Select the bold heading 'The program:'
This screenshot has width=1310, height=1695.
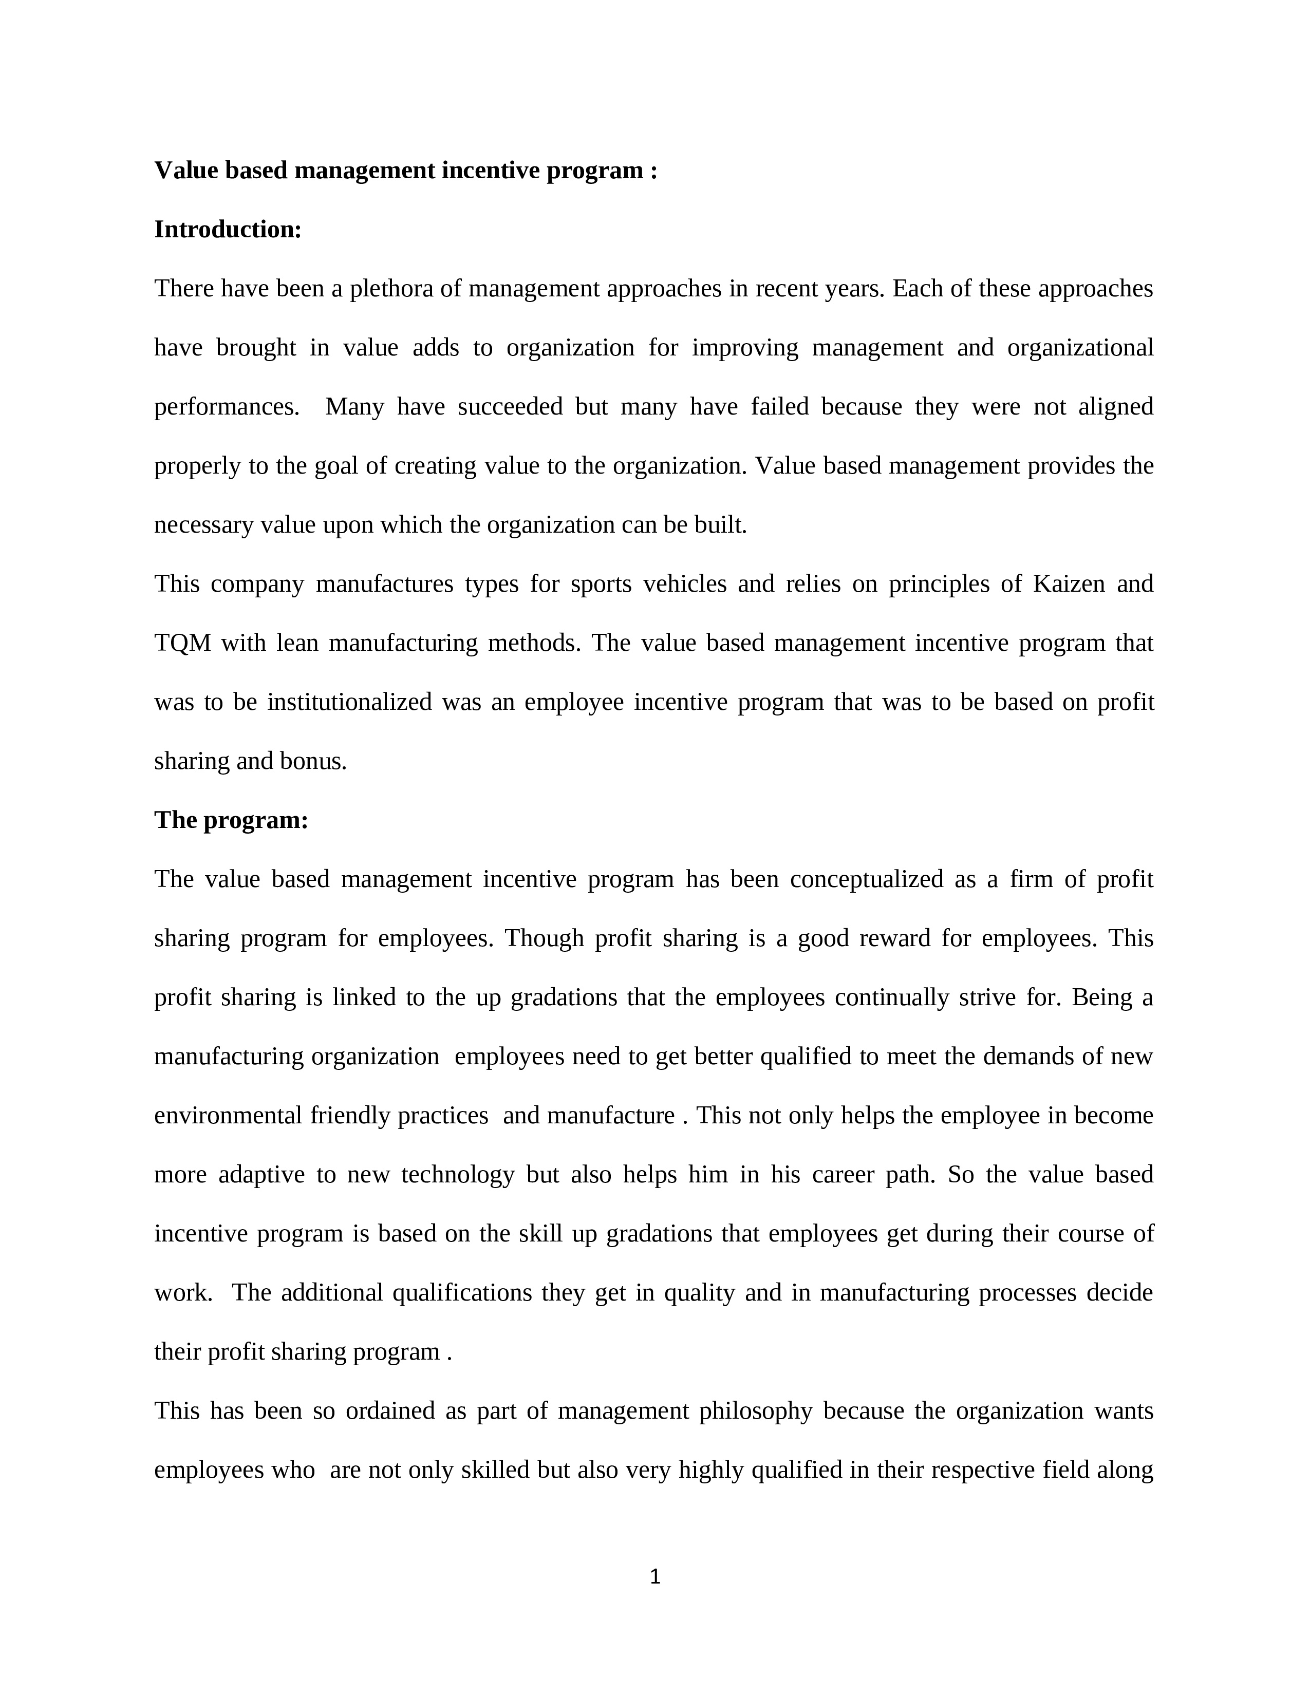click(231, 820)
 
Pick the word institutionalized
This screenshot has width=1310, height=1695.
click(349, 702)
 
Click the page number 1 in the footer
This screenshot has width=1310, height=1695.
click(654, 1576)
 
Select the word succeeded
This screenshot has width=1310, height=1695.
click(510, 407)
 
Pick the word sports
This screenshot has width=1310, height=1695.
click(601, 583)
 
